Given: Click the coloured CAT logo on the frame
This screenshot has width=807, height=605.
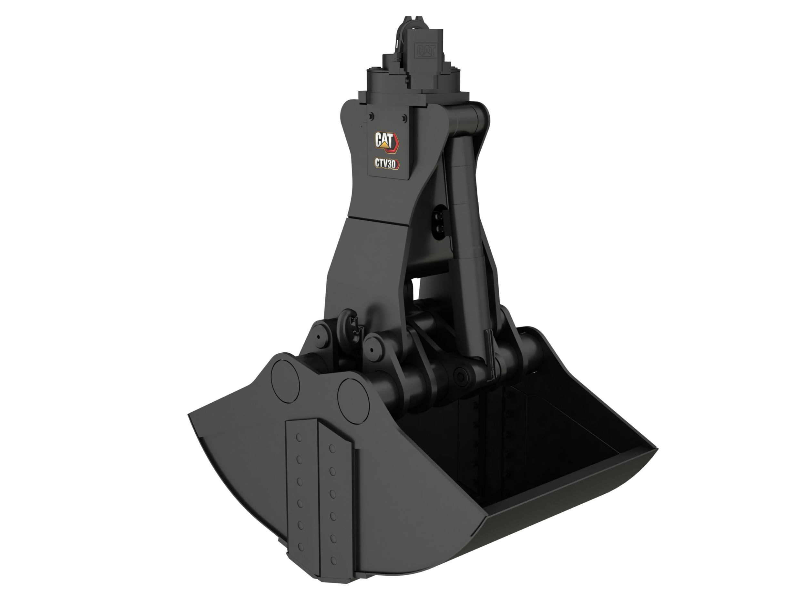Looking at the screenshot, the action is tap(387, 141).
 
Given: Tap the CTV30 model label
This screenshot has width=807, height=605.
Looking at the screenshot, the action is tap(387, 164).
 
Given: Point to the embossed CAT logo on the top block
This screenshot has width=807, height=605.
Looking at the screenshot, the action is tap(425, 51).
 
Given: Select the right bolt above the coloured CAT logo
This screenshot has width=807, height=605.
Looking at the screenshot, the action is tap(404, 118).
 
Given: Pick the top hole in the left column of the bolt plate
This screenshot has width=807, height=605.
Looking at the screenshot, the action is tap(299, 438).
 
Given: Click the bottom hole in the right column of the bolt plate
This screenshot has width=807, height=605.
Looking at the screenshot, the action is tap(333, 560).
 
